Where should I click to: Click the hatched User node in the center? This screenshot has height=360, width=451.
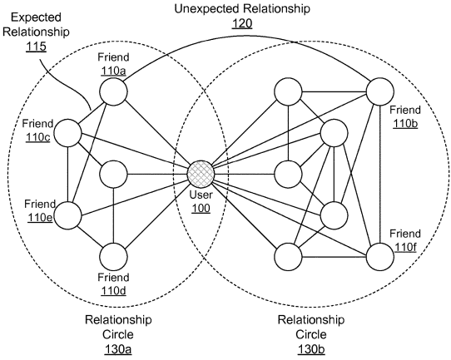[x=201, y=174]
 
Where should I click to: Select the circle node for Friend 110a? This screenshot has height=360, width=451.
[x=113, y=91]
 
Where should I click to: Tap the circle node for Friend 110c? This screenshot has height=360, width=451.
[x=68, y=133]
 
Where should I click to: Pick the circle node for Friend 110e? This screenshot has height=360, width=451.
[x=68, y=215]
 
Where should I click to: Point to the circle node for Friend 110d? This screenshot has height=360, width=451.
[x=113, y=257]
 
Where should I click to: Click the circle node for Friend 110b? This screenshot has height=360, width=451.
[x=379, y=91]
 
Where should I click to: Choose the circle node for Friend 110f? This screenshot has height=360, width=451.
[x=379, y=257]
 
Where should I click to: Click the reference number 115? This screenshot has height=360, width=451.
[x=37, y=46]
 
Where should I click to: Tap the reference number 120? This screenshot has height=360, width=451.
[x=242, y=23]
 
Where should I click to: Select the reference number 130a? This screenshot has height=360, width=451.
[x=118, y=349]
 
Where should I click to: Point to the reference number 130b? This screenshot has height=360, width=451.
[x=311, y=349]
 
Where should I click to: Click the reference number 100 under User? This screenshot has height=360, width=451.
[x=201, y=208]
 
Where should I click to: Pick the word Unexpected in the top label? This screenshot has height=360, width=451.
[x=207, y=8]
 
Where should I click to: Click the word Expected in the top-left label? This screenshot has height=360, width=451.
[x=37, y=17]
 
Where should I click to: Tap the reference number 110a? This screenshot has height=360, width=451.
[x=113, y=71]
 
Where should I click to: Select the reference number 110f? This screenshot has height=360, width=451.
[x=405, y=247]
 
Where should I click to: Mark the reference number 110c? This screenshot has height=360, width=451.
[x=38, y=137]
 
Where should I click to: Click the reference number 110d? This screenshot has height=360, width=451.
[x=113, y=291]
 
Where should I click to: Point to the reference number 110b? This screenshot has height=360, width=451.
[x=405, y=123]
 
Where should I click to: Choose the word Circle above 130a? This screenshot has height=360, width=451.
[x=118, y=334]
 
